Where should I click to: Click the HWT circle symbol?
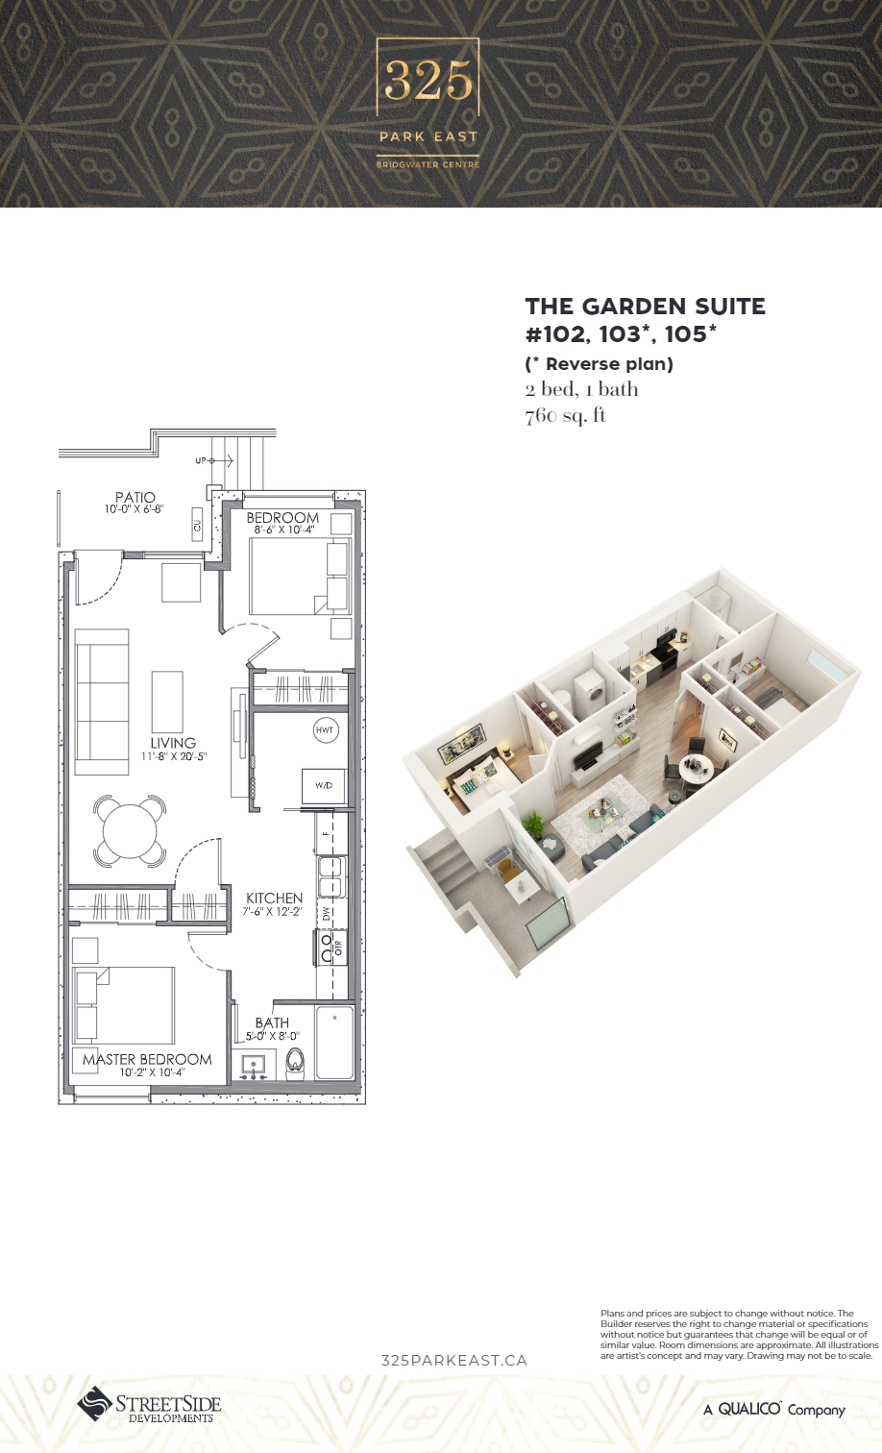click(325, 730)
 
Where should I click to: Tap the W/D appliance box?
click(324, 785)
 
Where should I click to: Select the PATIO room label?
click(135, 498)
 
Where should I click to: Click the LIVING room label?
click(173, 743)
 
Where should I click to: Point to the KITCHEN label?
click(275, 899)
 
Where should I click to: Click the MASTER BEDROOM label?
click(147, 1059)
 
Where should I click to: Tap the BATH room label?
click(273, 1022)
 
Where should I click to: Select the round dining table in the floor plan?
click(130, 830)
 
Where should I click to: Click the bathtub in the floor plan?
click(334, 1044)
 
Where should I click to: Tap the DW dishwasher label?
click(326, 914)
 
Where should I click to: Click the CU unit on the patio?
click(197, 526)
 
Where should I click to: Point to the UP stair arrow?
click(214, 460)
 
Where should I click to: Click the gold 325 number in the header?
click(429, 81)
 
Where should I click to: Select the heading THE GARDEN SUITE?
click(646, 307)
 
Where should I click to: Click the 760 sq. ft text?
click(566, 415)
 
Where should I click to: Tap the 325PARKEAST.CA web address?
click(453, 1361)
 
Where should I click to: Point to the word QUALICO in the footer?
click(749, 1408)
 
